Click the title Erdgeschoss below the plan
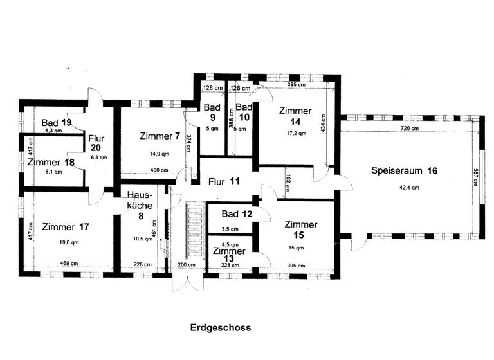click(221, 327)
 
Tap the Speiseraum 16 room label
click(405, 171)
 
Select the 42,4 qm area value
click(404, 188)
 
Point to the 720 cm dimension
click(409, 129)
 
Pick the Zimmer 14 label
click(295, 116)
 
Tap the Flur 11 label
click(224, 181)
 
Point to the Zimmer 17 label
click(65, 226)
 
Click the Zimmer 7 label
click(159, 136)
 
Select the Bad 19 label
click(57, 122)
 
